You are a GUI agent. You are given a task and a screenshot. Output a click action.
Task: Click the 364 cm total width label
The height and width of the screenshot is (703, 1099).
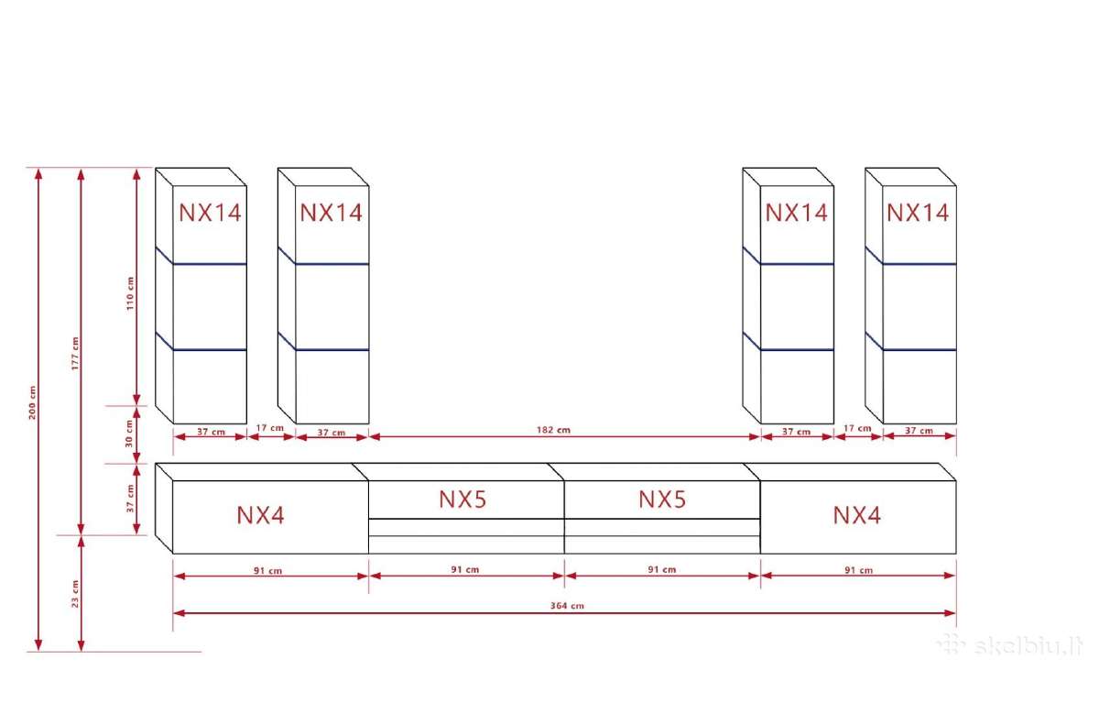point(567,606)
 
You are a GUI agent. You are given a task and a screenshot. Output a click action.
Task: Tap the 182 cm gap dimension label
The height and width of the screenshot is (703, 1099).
point(553,430)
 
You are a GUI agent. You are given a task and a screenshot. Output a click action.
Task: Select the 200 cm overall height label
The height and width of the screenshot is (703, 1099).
point(32,402)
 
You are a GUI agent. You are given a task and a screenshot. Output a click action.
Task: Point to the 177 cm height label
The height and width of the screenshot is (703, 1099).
point(75,354)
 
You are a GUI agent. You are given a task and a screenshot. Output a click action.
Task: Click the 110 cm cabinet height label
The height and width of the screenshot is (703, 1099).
point(130,293)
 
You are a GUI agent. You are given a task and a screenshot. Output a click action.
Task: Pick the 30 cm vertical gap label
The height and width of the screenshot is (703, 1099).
point(129,434)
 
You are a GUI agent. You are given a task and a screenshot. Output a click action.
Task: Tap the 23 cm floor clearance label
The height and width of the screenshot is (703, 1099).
point(75,594)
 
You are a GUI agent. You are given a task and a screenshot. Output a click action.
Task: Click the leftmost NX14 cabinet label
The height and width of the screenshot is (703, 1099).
point(210,213)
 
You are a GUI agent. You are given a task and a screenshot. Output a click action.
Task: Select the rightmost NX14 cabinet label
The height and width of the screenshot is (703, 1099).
point(918,213)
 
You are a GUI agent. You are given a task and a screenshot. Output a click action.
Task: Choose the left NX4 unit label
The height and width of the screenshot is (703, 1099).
point(260,515)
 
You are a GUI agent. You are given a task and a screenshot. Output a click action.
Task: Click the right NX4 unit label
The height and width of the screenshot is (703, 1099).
point(856,515)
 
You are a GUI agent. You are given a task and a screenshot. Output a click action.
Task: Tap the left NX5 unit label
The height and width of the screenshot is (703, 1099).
point(462,500)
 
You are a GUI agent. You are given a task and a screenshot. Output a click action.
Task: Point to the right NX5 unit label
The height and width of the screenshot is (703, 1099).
point(662,500)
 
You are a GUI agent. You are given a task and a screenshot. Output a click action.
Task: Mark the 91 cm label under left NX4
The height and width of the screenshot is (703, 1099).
point(267,570)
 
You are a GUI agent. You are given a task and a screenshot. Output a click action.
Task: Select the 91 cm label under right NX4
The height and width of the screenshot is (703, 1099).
point(859,570)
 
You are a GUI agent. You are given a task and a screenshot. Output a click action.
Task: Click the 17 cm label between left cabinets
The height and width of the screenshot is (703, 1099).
point(270,428)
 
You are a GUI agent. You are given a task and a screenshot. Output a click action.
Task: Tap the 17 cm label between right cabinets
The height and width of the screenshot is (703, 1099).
point(857,428)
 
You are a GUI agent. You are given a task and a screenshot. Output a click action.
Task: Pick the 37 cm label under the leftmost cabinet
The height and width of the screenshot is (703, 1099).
point(211,432)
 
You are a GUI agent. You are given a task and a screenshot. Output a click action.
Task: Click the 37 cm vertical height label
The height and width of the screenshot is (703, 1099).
point(130,499)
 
